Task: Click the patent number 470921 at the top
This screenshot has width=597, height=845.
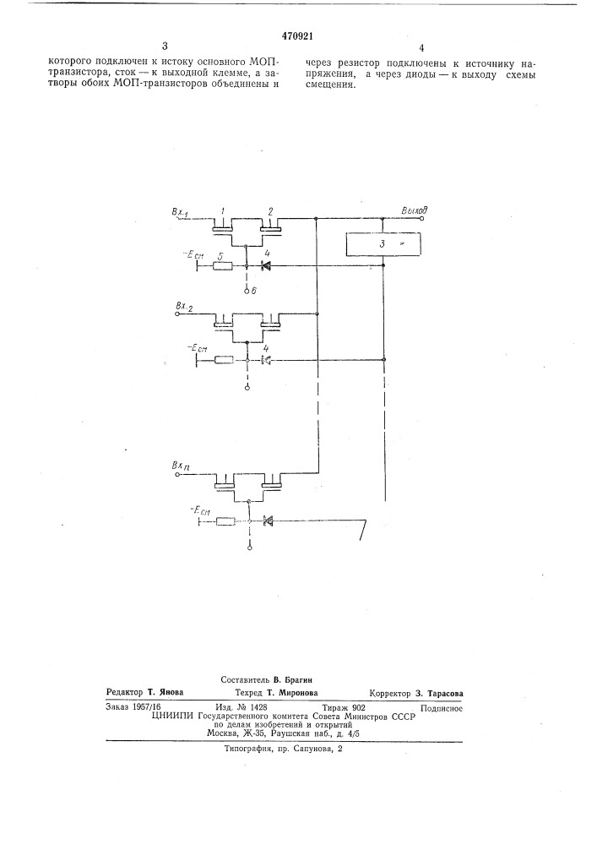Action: pos(297,36)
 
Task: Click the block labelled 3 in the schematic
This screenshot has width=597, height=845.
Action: pos(383,244)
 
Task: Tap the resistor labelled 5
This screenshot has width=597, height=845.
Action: pos(223,265)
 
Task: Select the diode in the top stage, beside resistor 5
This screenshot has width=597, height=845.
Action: pos(265,265)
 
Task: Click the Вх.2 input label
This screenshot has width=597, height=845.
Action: pos(185,308)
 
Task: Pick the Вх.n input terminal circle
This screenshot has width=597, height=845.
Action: pos(177,475)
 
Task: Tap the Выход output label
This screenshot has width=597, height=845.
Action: pos(414,210)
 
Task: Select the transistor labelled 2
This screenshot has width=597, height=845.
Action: pos(271,226)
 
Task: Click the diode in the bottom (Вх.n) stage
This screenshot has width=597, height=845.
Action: pos(268,521)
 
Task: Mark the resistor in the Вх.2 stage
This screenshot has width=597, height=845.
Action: pos(224,360)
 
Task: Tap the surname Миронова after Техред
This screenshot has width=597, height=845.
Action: pos(299,693)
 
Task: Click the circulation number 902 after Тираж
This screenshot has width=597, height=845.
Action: pos(358,708)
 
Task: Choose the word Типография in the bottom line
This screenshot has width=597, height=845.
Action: pos(247,749)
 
